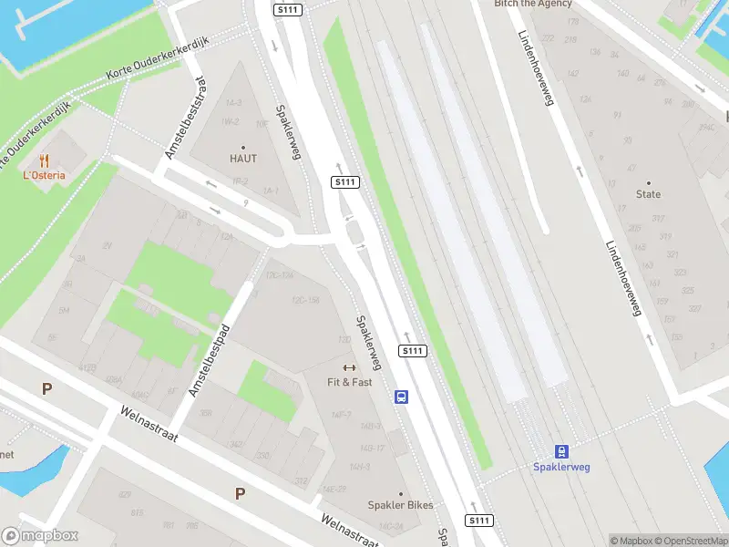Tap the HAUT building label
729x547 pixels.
243,159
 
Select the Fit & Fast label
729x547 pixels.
350,382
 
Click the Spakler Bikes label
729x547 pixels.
400,505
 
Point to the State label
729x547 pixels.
649,194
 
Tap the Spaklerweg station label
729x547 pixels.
561,468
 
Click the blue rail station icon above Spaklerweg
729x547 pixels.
561,451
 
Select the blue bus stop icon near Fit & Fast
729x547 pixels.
401,397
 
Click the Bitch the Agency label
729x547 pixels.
533,4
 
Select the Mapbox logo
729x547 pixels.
40,536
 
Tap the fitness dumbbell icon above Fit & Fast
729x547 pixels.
350,367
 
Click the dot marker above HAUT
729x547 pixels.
243,147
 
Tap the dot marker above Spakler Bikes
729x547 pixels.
400,493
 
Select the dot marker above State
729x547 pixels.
649,182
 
